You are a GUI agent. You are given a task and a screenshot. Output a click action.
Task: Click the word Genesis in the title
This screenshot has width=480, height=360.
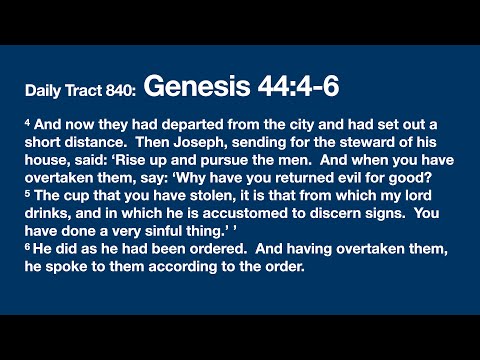pyautogui.click(x=194, y=87)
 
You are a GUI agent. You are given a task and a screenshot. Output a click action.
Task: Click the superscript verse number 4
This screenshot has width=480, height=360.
pyautogui.click(x=28, y=121)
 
